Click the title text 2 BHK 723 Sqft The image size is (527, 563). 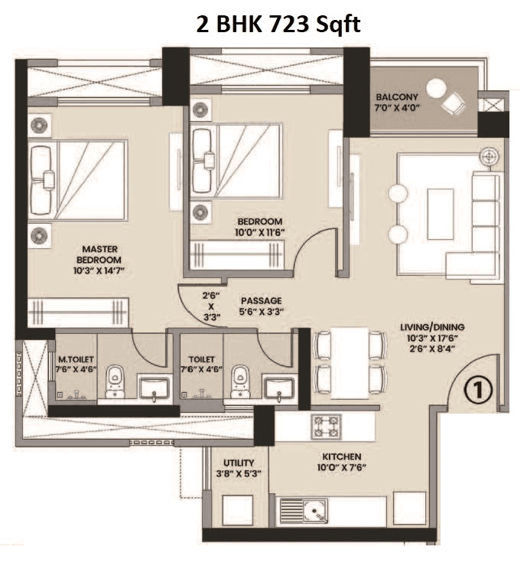[x=276, y=25]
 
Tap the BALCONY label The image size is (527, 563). [x=396, y=97]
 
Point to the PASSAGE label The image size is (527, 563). [x=261, y=301]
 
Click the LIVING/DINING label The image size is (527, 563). [x=432, y=328]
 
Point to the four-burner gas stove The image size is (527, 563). [x=325, y=426]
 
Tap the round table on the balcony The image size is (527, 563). [x=435, y=89]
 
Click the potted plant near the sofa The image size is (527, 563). [x=486, y=157]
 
